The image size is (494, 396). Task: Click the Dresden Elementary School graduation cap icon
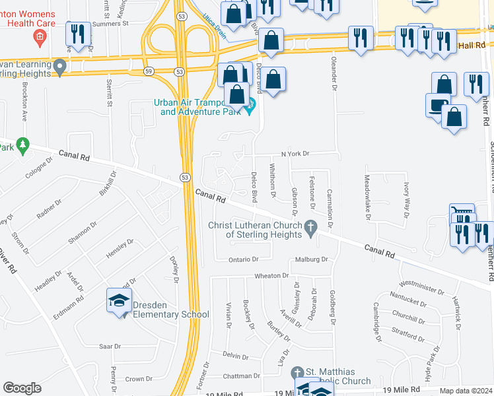pos(119,302)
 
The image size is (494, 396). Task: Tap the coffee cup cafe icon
pos(437,106)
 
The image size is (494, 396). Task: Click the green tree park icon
pos(23,145)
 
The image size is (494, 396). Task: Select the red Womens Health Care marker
pos(40,35)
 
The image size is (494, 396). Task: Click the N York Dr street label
pos(295,153)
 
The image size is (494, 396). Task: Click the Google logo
pos(22,388)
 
